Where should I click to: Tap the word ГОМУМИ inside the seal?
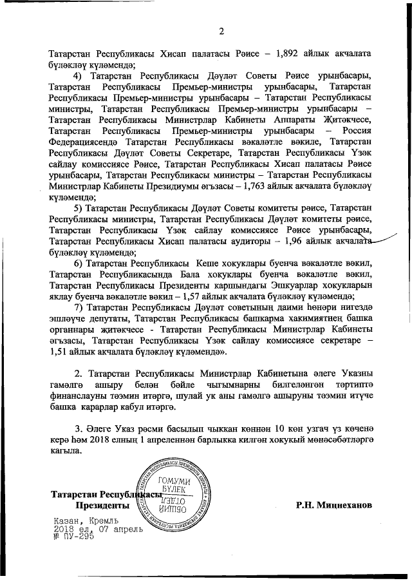point(176,481)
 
